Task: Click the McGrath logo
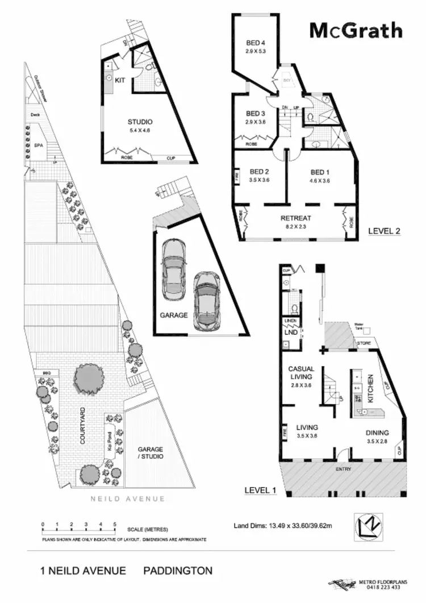[356, 30]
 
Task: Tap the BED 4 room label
[256, 43]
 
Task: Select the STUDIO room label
[139, 122]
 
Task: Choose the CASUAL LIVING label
[301, 373]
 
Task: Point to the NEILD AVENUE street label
[128, 499]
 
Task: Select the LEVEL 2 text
[385, 231]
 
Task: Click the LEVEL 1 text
[260, 489]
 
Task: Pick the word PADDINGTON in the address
[178, 570]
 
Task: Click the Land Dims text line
[282, 525]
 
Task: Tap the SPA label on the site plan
[39, 145]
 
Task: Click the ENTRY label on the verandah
[344, 469]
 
